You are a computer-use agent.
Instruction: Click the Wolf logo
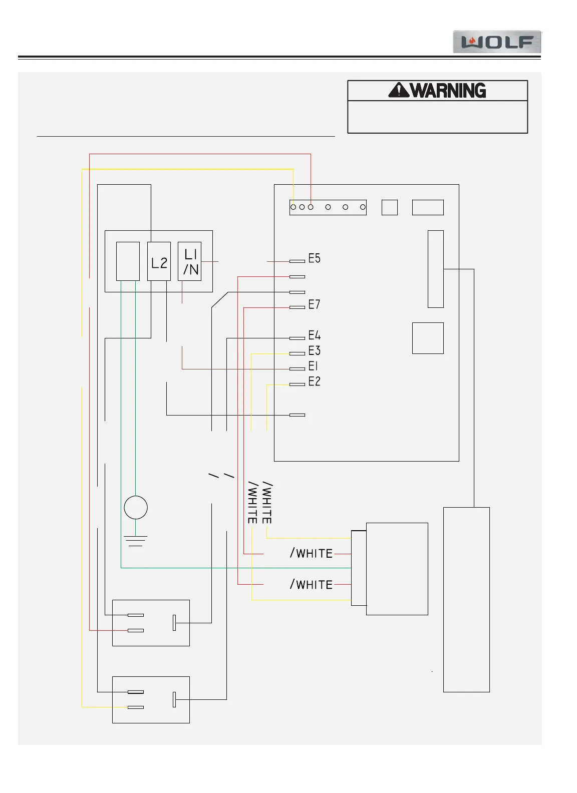pos(496,42)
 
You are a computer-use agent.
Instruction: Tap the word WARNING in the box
pos(448,91)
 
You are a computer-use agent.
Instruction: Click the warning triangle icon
pos(399,90)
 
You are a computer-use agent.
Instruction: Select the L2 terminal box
pos(159,261)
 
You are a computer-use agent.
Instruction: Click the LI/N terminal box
pos(189,261)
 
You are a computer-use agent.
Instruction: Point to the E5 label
pos(314,258)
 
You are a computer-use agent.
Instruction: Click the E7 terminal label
pos(314,304)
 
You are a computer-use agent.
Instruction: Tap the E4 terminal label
pos(314,335)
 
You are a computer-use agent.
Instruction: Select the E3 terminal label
pos(314,350)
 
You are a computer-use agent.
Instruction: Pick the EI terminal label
pos(313,366)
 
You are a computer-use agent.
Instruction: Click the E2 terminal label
pos(314,381)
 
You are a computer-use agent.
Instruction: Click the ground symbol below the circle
pos(136,541)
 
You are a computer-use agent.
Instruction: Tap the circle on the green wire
pos(136,507)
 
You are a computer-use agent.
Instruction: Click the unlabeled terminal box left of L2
pos(128,261)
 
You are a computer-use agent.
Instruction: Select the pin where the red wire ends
pos(311,207)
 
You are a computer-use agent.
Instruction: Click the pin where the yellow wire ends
pos(294,207)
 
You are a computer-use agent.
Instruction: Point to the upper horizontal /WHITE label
pos(312,553)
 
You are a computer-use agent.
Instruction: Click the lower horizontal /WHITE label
pos(312,584)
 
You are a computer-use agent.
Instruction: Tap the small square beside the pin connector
pos(390,207)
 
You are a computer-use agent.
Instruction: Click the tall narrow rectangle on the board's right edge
pos(436,269)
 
